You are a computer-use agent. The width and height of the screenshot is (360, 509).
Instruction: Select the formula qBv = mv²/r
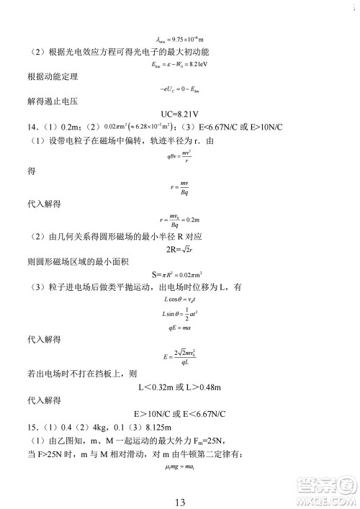pyautogui.click(x=180, y=153)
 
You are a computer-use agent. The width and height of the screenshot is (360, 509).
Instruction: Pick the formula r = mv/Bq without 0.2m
pyautogui.click(x=180, y=189)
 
